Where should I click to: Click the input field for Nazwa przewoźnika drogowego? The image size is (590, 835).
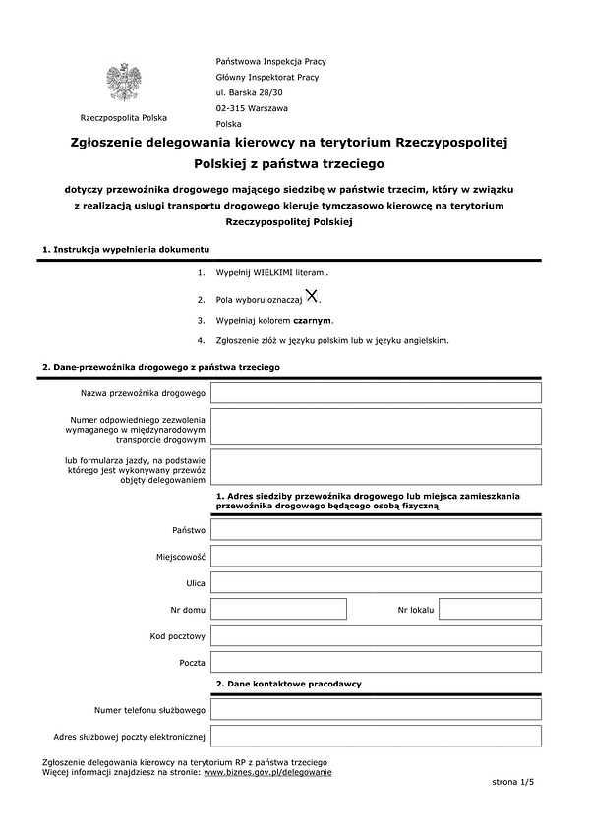tap(376, 393)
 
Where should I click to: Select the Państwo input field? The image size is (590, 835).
tap(376, 529)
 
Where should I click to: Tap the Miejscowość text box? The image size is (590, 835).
tap(376, 556)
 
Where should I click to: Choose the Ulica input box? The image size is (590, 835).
tap(376, 582)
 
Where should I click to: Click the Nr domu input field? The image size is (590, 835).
tap(278, 609)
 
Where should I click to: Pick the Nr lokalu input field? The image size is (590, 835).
tap(490, 609)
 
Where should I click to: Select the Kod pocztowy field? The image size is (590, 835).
tap(376, 635)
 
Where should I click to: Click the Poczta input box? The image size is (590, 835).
tap(376, 662)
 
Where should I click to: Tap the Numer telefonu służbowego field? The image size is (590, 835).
tap(376, 709)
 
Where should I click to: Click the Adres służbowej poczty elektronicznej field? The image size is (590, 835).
tap(376, 736)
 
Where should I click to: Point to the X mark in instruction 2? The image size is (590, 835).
tap(311, 295)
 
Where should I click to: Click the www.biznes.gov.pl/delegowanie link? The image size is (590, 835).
tap(267, 772)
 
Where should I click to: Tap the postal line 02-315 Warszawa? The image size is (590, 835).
tap(252, 108)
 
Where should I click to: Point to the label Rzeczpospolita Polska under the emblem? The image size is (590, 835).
tap(124, 117)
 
